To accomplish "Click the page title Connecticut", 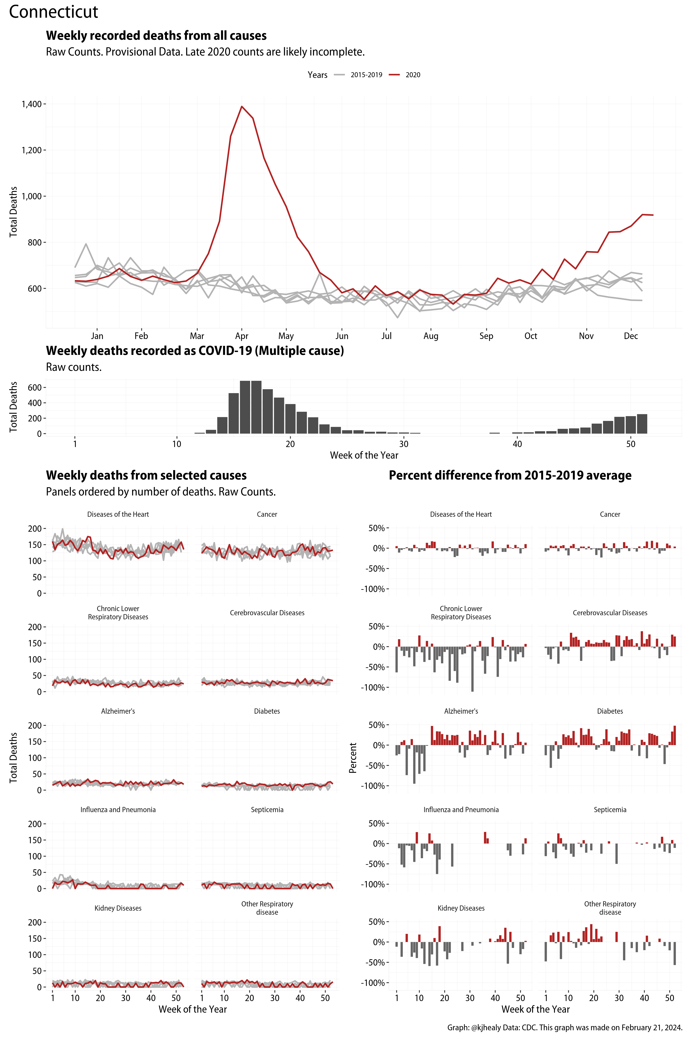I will (53, 12).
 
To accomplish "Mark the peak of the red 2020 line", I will (241, 106).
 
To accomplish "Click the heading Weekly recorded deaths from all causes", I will (156, 36).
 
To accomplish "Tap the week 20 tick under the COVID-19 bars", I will (290, 444).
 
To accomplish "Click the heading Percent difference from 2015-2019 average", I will (510, 475).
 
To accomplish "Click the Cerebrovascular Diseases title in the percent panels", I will (610, 613).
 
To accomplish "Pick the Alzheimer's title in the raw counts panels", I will (118, 711).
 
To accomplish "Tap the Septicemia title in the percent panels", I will (610, 809).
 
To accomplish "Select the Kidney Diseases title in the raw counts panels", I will (118, 908).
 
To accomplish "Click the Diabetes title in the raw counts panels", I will (267, 711).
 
